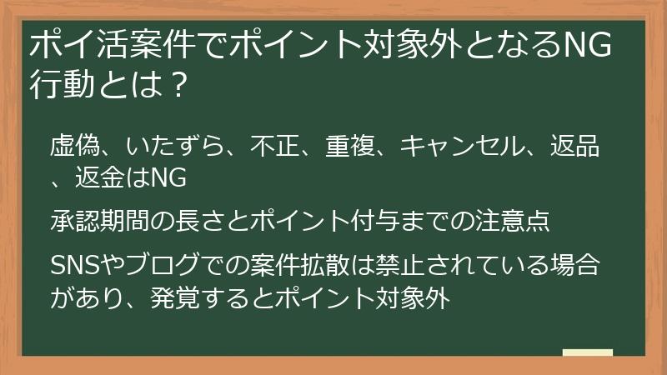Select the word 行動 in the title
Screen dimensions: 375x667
59,84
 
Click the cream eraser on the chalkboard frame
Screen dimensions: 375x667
588,352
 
